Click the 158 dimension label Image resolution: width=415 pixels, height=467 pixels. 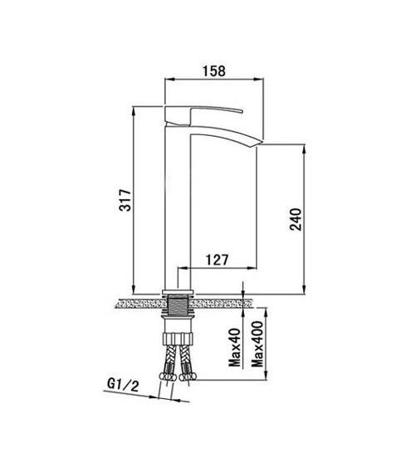pos(214,71)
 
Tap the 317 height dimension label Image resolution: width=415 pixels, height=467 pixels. pos(125,200)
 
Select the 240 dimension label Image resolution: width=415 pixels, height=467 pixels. pos(295,219)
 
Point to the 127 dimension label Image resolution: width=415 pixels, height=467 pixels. pos(217,260)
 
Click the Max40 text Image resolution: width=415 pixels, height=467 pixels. pos(234,348)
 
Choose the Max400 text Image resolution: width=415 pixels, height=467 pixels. pos(257,344)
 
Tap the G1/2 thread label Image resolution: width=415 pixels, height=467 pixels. pos(123,385)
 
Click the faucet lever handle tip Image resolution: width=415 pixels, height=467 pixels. pos(242,112)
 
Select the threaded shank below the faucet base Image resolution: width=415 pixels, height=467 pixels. pos(178,304)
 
